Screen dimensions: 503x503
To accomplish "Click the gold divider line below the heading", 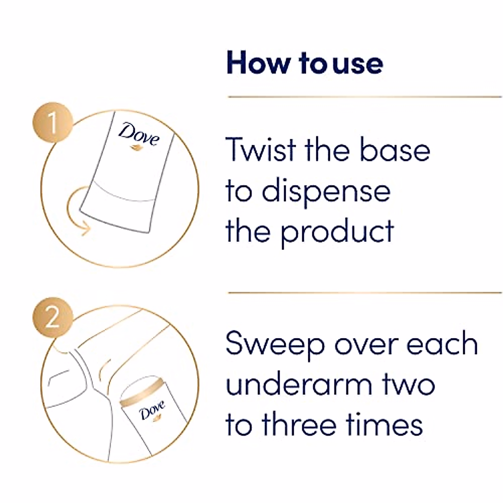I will tap(365, 97).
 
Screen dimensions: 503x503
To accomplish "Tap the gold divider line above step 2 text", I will tap(365, 293).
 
